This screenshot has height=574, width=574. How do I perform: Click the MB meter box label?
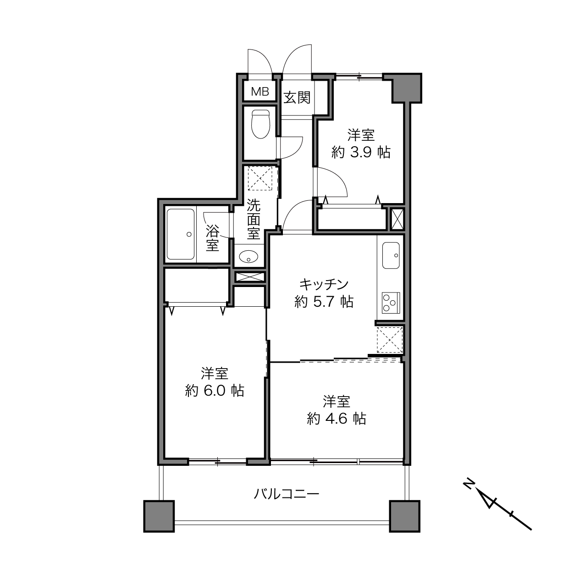(x=260, y=91)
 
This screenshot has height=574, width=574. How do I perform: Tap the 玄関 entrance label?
(x=297, y=97)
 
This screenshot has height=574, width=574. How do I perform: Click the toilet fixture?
(x=260, y=124)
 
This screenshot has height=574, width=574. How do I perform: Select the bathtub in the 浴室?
(x=181, y=234)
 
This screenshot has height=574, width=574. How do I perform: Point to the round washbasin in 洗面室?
(x=248, y=256)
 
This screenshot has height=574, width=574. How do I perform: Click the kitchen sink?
(x=391, y=255)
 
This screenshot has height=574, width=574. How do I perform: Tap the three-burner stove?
(x=391, y=303)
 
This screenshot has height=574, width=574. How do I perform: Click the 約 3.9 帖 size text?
(x=361, y=153)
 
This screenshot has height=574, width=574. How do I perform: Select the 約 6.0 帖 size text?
(x=215, y=391)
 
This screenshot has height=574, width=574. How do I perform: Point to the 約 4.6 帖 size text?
(x=337, y=419)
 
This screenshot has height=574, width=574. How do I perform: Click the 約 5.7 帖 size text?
(x=324, y=302)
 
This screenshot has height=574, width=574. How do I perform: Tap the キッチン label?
(x=324, y=284)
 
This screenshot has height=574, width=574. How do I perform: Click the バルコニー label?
(x=286, y=494)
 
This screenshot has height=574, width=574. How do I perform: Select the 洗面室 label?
(x=254, y=220)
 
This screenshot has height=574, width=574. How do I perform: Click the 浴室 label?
(x=212, y=237)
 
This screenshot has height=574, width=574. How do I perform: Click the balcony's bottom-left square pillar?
(x=159, y=516)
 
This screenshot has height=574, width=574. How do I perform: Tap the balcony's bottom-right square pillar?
(x=405, y=516)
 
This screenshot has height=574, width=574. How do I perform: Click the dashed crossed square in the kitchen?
(x=390, y=340)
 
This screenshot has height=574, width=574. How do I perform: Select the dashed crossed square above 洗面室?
(x=260, y=178)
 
